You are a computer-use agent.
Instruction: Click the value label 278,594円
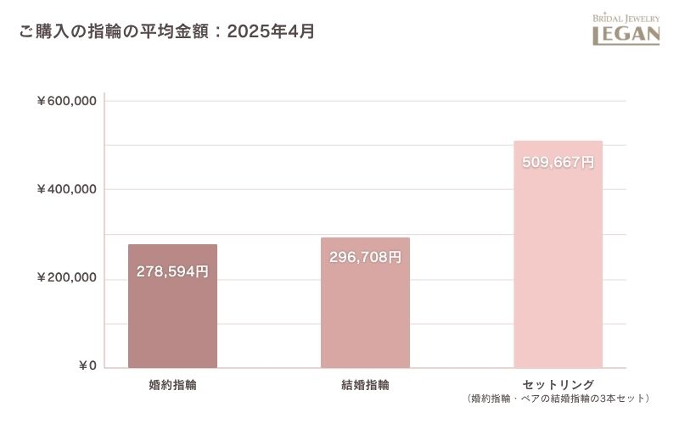(x=172, y=272)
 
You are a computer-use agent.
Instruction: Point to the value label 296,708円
(x=365, y=257)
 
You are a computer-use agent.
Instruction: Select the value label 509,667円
(x=558, y=162)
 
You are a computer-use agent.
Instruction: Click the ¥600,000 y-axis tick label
(x=65, y=101)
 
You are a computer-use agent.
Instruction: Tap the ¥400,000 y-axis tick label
(x=65, y=189)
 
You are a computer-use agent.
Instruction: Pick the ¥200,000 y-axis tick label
(x=65, y=278)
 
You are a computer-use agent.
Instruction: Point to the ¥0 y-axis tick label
(x=87, y=366)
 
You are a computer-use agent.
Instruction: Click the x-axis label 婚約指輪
(x=172, y=385)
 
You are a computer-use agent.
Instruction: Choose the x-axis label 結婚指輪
(x=365, y=385)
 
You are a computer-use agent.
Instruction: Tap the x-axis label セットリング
(x=558, y=384)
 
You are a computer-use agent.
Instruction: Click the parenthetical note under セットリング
(x=558, y=398)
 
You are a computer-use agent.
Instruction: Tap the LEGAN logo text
(x=626, y=35)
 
